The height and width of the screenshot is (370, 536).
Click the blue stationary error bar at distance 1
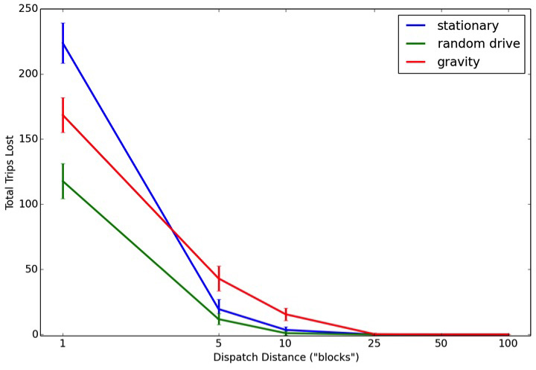[x=63, y=42]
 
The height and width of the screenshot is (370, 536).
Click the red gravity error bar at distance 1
[x=63, y=115]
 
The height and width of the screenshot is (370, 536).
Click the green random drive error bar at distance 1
[x=63, y=181]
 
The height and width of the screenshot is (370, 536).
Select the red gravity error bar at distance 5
[x=219, y=278]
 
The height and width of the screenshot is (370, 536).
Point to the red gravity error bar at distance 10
[x=286, y=314]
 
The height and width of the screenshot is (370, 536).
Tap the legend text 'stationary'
[x=468, y=25]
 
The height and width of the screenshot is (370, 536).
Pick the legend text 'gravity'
[x=459, y=62]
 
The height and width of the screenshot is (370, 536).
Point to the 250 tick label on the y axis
[x=29, y=9]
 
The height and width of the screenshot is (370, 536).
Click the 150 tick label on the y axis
[x=29, y=139]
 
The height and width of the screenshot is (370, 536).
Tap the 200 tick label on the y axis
[x=29, y=74]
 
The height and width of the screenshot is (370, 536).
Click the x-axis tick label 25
[x=374, y=344]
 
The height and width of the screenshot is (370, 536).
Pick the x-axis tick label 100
[x=508, y=344]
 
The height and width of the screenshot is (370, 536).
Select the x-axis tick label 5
[x=219, y=344]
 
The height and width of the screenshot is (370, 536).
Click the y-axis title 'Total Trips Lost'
[x=10, y=172]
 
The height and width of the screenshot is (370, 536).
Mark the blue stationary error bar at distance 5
[x=219, y=304]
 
